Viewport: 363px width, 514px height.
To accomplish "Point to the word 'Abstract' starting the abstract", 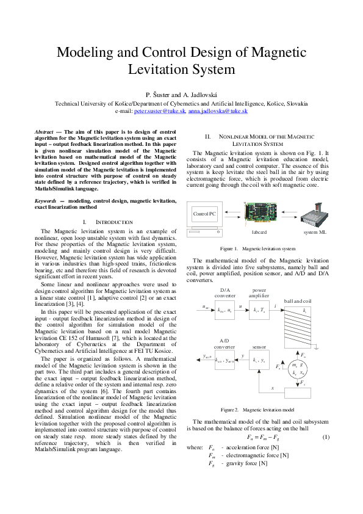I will [43, 131].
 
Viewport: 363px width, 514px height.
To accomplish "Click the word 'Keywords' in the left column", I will [46, 200].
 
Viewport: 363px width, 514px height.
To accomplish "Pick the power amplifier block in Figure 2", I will [259, 309].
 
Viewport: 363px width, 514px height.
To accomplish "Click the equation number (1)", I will [326, 437].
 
